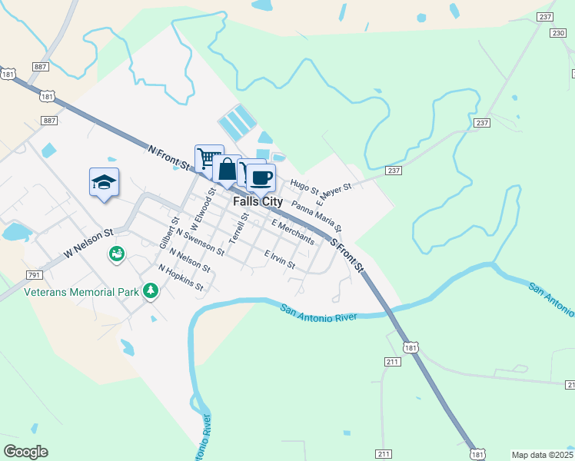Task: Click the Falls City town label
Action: coord(258,202)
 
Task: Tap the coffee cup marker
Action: coord(261,177)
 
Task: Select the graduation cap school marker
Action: coord(104,182)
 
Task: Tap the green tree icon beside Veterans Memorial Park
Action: coord(152,290)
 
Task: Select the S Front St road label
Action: coord(347,254)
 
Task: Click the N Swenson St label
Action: coord(200,241)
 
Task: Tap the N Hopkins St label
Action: coord(181,278)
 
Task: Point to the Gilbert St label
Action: coord(168,231)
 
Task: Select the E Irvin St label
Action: coord(280,259)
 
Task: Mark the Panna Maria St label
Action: coord(317,218)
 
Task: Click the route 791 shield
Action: coord(34,274)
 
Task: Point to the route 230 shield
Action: coord(558,33)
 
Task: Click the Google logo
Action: coord(25,452)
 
